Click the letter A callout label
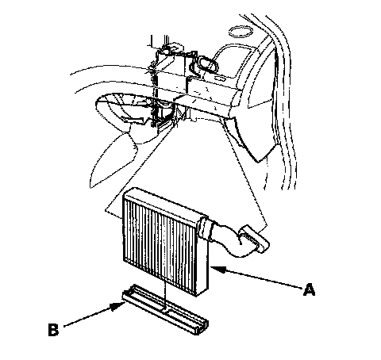coord(309,289)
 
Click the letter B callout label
coord(53,329)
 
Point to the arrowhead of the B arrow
coord(117,307)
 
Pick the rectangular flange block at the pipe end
coord(254,239)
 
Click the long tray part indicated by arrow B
coord(165,309)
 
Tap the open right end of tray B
coord(202,327)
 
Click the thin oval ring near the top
coord(241,33)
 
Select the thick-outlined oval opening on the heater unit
coord(207,65)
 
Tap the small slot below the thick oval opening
coord(220,79)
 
